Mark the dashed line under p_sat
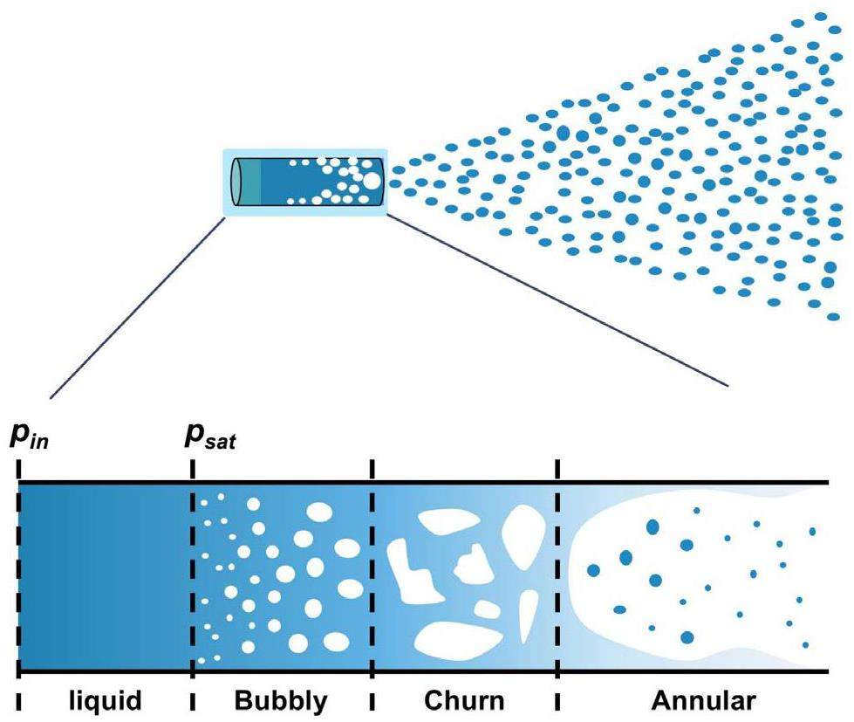pyautogui.click(x=192, y=576)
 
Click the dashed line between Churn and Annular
pyautogui.click(x=557, y=576)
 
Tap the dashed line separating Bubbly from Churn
pyautogui.click(x=372, y=576)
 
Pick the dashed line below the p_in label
pyautogui.click(x=18, y=576)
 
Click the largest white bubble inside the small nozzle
pyautogui.click(x=372, y=182)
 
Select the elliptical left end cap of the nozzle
pyautogui.click(x=235, y=182)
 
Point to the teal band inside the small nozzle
pyautogui.click(x=250, y=182)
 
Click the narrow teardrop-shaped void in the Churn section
pyautogui.click(x=529, y=616)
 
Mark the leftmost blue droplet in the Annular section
pyautogui.click(x=594, y=570)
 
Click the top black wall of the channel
pyautogui.click(x=436, y=483)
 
